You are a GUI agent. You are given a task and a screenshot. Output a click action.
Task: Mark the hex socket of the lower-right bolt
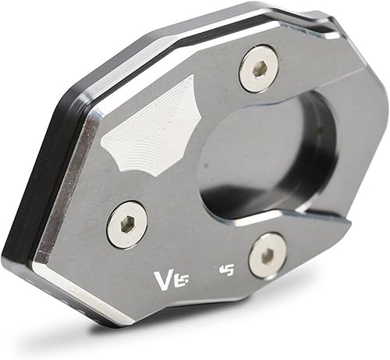268,254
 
